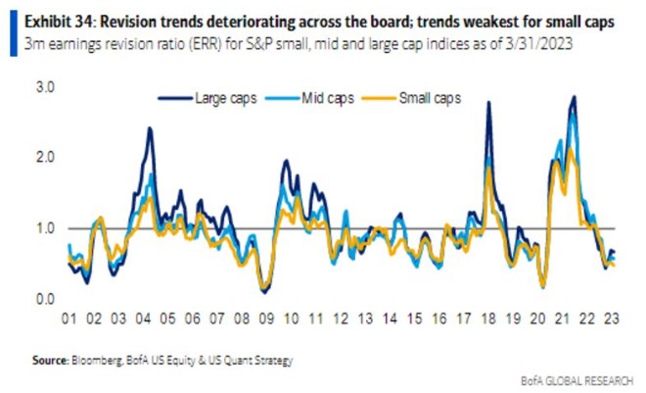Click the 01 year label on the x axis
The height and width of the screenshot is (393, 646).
click(70, 319)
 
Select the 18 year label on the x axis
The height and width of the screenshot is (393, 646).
click(486, 319)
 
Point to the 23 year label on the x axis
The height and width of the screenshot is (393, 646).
click(609, 319)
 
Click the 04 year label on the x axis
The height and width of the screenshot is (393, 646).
click(144, 319)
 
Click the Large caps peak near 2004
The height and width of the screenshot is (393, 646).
click(149, 128)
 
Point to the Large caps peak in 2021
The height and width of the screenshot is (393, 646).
click(573, 97)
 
